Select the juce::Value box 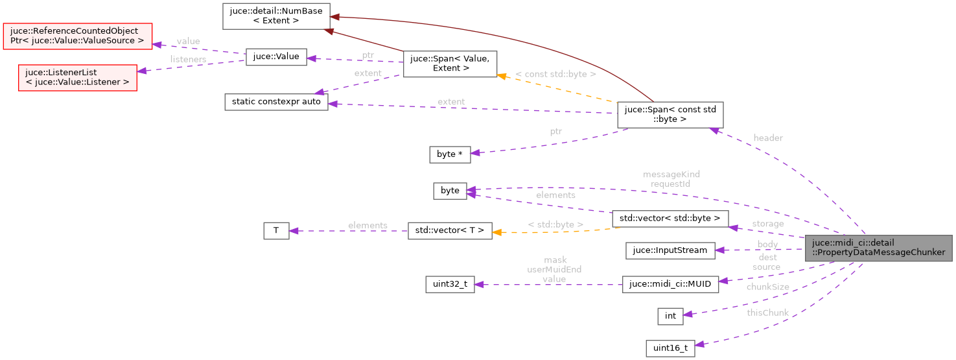pos(275,56)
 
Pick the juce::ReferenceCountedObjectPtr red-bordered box pos(77,36)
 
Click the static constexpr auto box pos(276,102)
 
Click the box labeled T pos(275,230)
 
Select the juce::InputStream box pos(670,250)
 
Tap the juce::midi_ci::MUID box pos(670,284)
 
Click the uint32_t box pos(450,284)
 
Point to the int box pos(670,316)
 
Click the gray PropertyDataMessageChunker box pos(878,248)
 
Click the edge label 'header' pos(768,138)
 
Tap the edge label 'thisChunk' pos(767,313)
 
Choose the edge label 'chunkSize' pos(768,287)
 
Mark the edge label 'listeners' pos(188,60)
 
